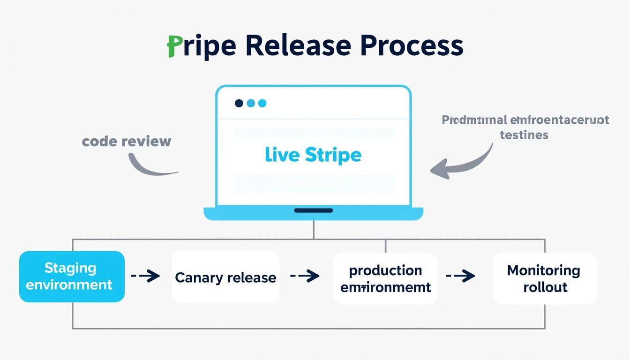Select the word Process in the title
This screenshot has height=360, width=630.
[412, 46]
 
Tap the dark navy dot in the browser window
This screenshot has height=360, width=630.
[239, 103]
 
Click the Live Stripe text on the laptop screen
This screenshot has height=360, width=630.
[313, 155]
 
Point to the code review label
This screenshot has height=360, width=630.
[127, 141]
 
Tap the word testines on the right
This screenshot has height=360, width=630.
[524, 135]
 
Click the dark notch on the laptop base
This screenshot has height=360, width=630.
[313, 210]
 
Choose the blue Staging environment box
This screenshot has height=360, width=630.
[72, 277]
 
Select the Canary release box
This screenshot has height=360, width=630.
[225, 277]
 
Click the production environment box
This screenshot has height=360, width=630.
[385, 278]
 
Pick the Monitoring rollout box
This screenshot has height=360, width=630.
[544, 278]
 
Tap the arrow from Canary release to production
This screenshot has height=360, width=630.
[305, 276]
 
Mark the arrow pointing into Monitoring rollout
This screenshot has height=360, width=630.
[461, 276]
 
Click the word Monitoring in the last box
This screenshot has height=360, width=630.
[544, 270]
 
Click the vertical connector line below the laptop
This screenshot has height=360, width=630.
[314, 230]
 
